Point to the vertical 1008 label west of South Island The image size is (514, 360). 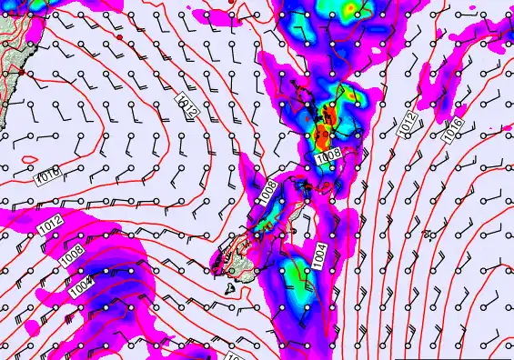(x=267, y=192)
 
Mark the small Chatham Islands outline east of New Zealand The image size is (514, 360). (x=428, y=235)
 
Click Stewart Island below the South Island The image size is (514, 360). (x=231, y=289)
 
